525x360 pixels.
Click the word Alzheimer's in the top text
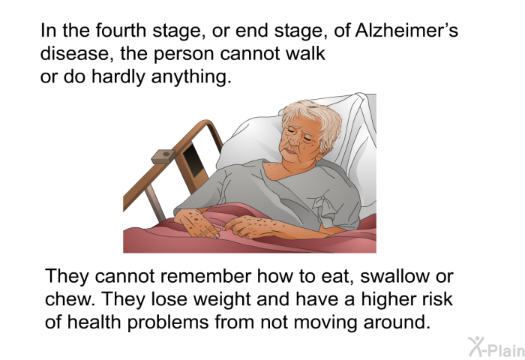pos(406,31)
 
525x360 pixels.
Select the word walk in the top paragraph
pos(306,53)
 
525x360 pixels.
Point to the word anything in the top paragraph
pos(191,77)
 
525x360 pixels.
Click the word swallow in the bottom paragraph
pos(394,276)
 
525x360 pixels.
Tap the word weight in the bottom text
pos(223,300)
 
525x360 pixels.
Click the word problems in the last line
pos(169,322)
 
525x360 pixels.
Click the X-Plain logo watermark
pos(496,347)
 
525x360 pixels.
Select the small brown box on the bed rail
pos(163,157)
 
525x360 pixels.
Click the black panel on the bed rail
pos(194,160)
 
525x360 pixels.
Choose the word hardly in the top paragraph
pos(118,77)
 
